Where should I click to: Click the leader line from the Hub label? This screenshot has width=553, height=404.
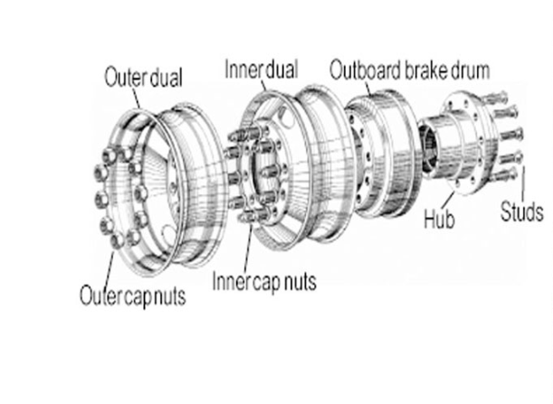click(x=450, y=202)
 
